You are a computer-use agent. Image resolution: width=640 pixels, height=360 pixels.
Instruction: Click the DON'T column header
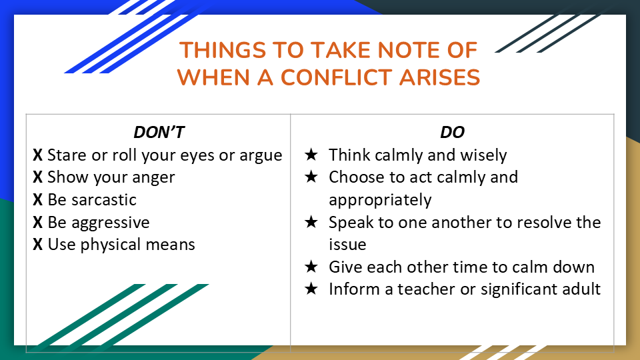(x=159, y=132)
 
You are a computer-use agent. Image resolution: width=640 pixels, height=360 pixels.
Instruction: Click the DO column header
(x=452, y=132)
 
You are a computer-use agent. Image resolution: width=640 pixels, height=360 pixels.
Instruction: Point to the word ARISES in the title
(x=439, y=77)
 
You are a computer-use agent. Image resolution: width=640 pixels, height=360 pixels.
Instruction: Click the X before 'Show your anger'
(x=37, y=177)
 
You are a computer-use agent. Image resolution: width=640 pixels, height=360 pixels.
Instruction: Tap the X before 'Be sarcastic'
(x=37, y=199)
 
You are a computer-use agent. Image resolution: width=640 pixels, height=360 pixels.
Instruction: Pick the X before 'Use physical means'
(x=37, y=245)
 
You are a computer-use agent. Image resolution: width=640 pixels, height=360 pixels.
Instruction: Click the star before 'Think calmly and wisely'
(x=311, y=155)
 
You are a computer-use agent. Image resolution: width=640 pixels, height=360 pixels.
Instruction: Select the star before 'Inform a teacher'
(x=311, y=289)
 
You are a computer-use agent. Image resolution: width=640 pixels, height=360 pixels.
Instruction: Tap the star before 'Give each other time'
(x=311, y=267)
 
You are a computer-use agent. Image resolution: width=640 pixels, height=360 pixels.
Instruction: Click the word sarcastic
(x=104, y=199)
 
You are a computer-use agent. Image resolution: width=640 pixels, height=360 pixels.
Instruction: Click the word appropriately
(x=380, y=201)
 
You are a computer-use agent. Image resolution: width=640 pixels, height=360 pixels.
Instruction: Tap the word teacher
(x=427, y=289)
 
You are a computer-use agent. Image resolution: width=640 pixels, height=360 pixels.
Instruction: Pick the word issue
(x=347, y=245)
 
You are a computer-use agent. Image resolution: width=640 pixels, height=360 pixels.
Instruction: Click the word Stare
(x=67, y=155)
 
